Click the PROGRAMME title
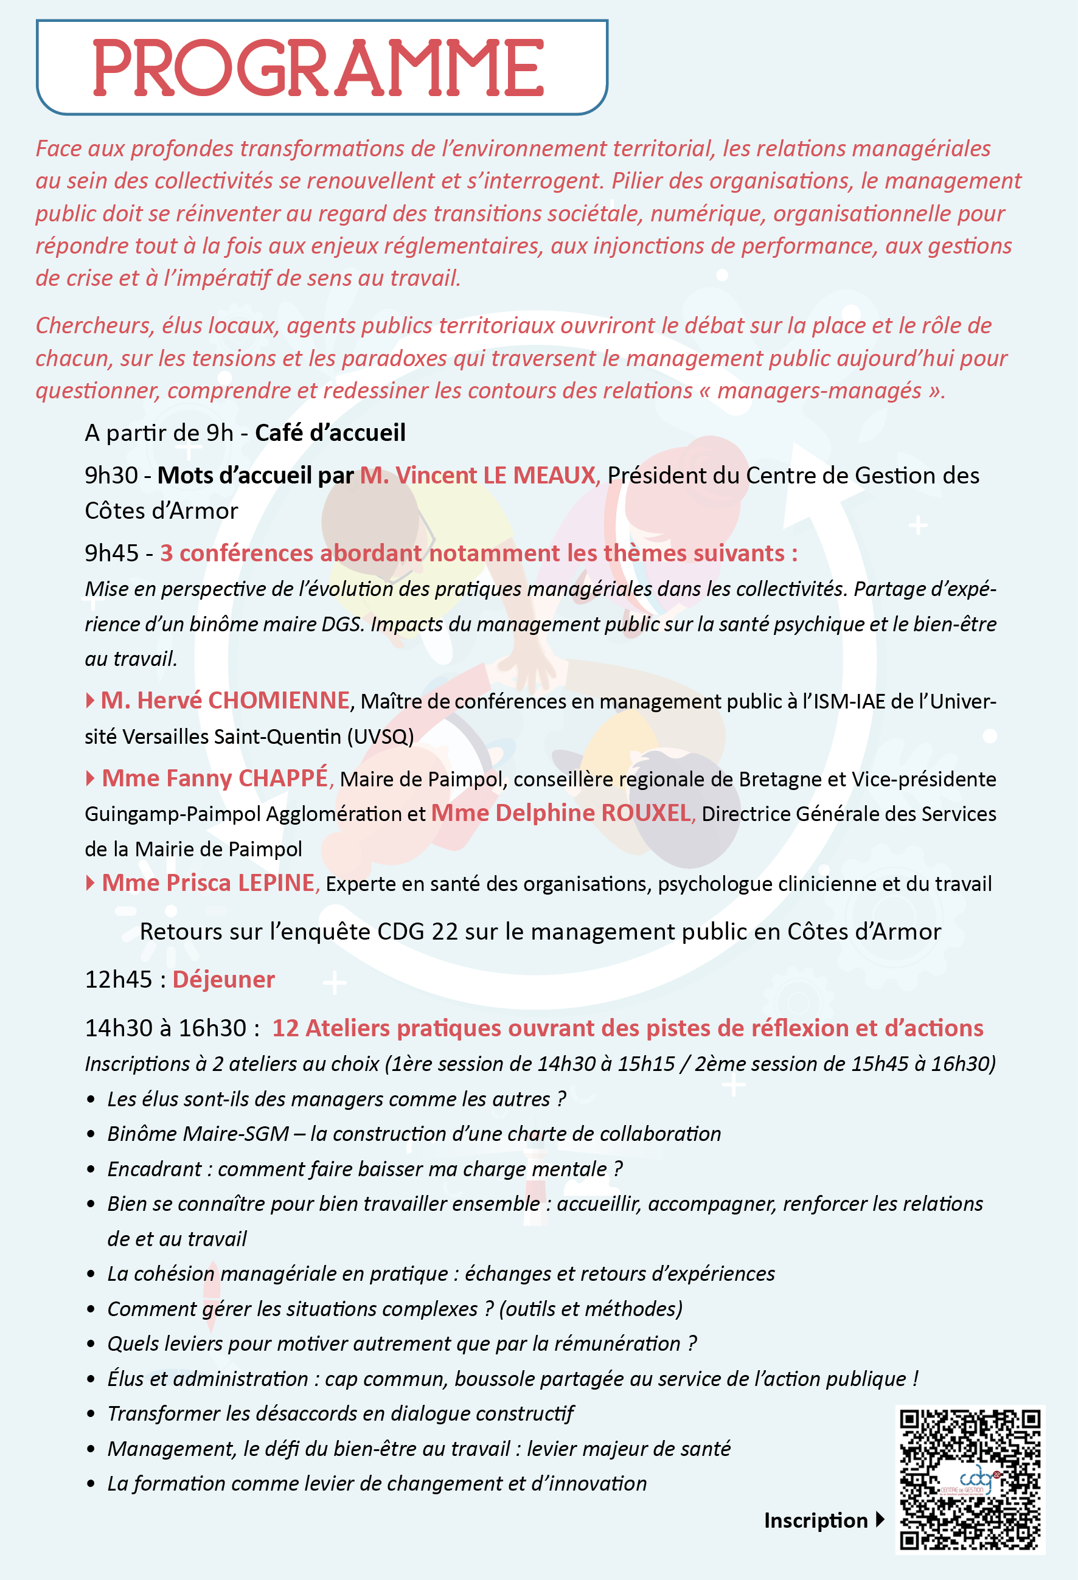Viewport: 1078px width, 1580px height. click(x=318, y=68)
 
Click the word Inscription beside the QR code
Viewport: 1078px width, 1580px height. click(x=815, y=1520)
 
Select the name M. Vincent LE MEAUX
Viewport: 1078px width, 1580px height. click(x=478, y=475)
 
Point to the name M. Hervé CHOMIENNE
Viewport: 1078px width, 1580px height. click(x=225, y=700)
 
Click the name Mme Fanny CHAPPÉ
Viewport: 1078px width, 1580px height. click(x=215, y=778)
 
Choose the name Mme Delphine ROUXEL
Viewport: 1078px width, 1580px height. click(x=561, y=813)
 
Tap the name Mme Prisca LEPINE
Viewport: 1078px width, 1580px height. click(x=208, y=882)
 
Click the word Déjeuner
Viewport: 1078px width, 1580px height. click(x=224, y=979)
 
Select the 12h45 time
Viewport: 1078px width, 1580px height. click(x=119, y=980)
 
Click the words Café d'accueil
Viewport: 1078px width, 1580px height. click(x=330, y=433)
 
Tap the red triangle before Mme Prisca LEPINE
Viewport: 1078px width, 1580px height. click(x=91, y=883)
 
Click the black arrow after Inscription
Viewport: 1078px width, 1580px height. click(x=880, y=1520)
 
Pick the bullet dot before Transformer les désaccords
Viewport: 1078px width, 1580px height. click(x=91, y=1414)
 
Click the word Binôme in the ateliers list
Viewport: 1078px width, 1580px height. click(x=142, y=1134)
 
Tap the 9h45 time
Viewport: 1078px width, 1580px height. click(x=111, y=553)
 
